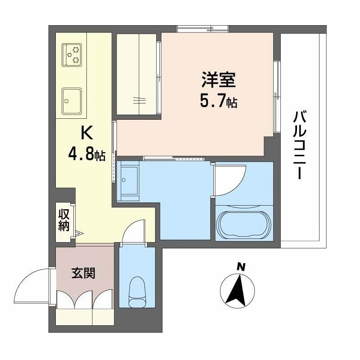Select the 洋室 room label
[x=219, y=81]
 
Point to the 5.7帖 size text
[x=219, y=102]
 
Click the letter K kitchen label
[x=86, y=133]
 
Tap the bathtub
[x=244, y=222]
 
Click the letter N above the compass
[x=241, y=267]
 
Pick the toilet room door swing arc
[x=133, y=230]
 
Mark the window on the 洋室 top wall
[x=202, y=29]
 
